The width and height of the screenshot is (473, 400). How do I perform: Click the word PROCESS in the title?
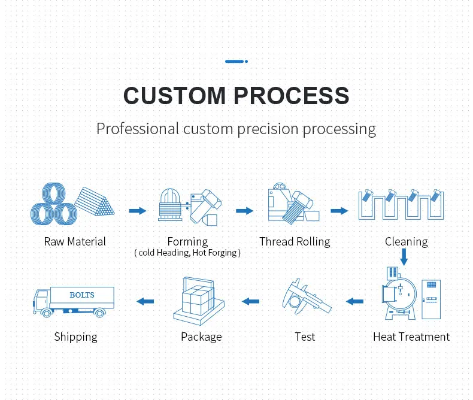292,96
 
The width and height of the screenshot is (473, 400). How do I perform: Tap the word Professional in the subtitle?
138,129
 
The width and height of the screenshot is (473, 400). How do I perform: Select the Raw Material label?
75,242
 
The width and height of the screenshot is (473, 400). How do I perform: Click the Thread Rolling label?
295,242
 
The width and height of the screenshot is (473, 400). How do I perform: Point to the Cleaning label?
406,242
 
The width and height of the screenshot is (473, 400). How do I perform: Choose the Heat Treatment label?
411,337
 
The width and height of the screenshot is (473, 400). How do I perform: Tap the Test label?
305,337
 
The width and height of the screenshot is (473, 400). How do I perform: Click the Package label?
201,337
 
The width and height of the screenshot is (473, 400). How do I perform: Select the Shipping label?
75,337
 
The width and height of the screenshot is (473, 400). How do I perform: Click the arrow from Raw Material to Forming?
138,211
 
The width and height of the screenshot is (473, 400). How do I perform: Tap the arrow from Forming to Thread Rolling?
244,211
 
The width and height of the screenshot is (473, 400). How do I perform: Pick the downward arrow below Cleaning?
404,257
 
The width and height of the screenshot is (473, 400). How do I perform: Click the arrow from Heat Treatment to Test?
355,301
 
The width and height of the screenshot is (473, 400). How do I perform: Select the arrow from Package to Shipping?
145,301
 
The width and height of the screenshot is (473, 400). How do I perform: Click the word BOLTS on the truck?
82,295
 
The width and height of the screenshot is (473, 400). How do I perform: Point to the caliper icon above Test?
306,300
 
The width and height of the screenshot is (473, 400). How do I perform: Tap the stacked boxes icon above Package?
197,299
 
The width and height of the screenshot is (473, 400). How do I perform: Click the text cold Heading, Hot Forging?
187,253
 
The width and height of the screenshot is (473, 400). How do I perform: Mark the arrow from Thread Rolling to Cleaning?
339,211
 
